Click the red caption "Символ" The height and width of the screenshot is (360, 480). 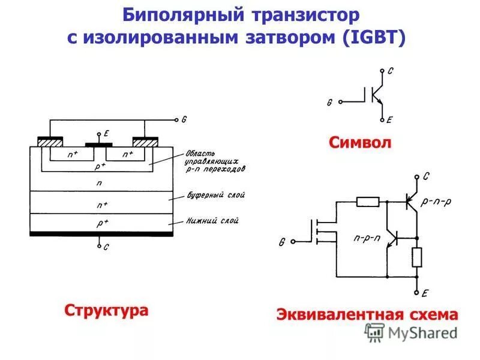point(360,143)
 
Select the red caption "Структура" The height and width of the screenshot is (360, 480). point(106,311)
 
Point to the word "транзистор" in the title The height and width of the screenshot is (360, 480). point(302,13)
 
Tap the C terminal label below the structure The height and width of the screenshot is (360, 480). point(106,247)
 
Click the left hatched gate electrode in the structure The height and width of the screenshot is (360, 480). point(50,142)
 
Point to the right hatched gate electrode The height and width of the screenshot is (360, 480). point(146,142)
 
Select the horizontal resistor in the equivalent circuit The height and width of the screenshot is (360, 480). point(367,202)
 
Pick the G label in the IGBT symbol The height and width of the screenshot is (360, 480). point(329,103)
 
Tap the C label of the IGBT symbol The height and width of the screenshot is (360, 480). point(391,71)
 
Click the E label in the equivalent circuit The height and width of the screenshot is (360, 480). point(424,293)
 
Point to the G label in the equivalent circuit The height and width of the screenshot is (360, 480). point(281,242)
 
